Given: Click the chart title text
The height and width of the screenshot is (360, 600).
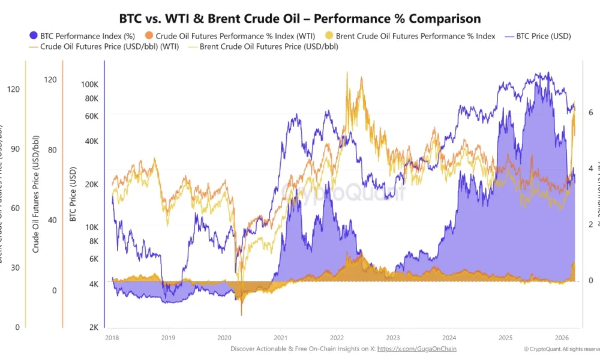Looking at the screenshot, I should tap(300, 19).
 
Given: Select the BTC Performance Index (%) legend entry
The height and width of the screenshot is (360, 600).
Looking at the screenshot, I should tap(84, 36).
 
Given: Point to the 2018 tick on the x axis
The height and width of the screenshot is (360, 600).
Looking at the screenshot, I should tap(112, 338).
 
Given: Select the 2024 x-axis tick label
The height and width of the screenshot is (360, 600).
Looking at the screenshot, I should tap(449, 338).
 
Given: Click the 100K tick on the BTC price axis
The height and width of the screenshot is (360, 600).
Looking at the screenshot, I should tap(89, 85).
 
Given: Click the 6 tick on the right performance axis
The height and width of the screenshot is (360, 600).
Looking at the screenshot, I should tap(590, 112).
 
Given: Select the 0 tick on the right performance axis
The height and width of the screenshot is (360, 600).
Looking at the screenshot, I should tap(590, 281).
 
